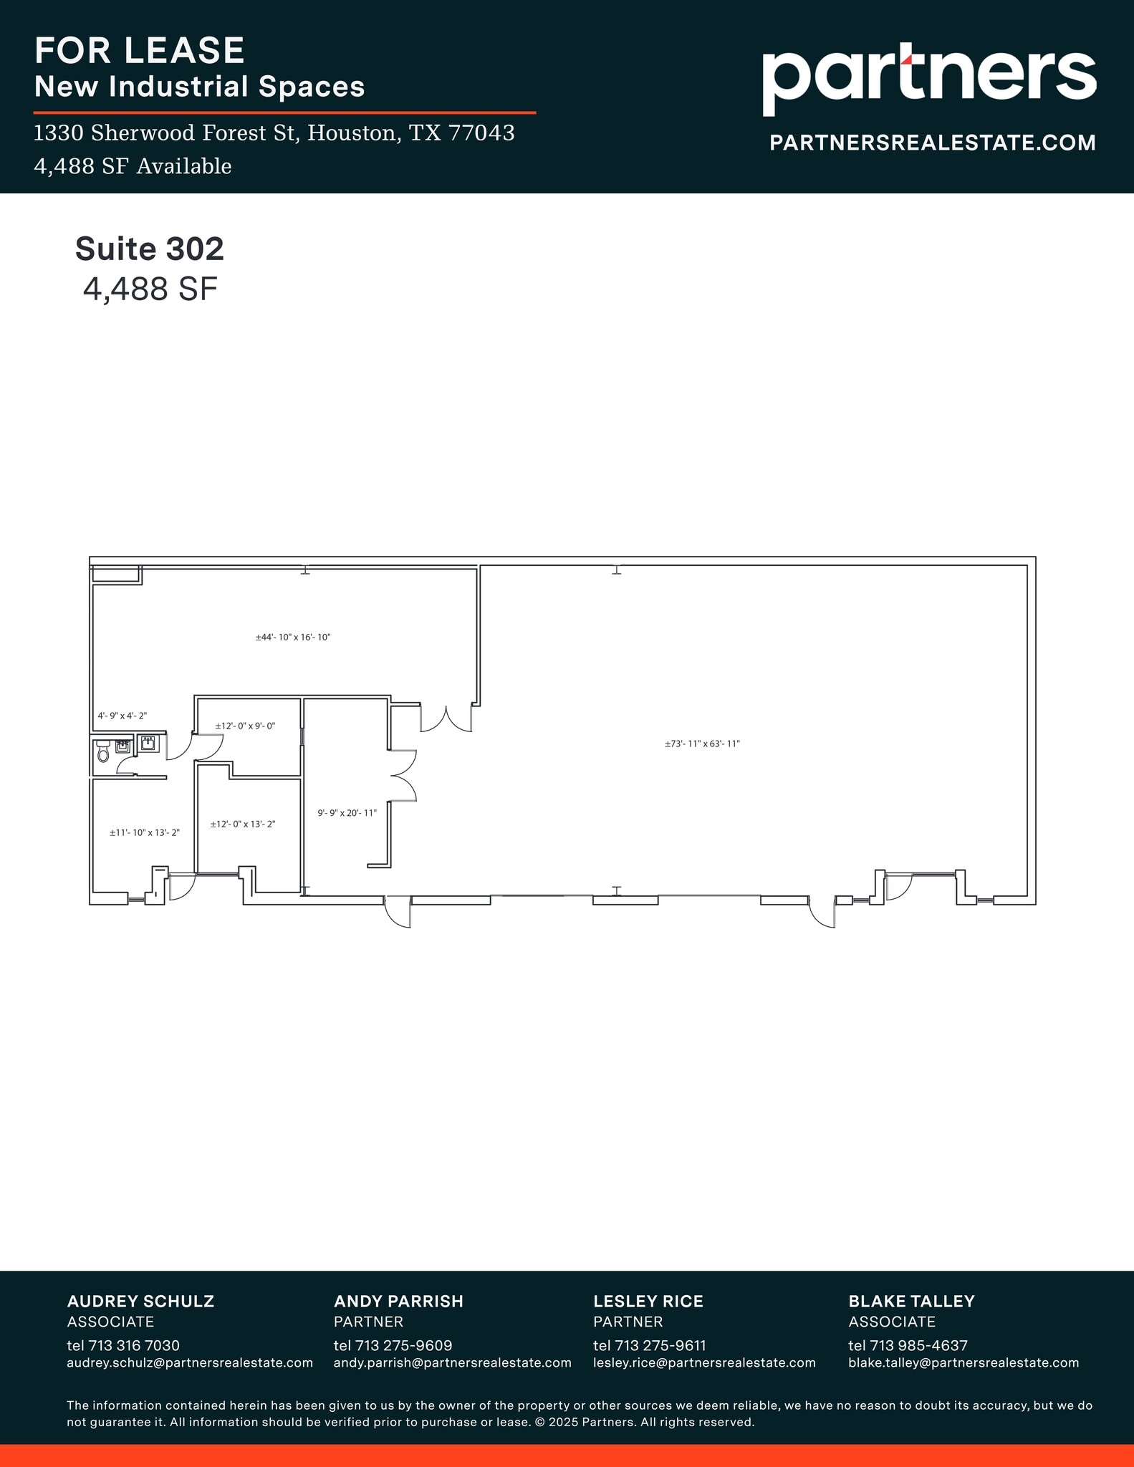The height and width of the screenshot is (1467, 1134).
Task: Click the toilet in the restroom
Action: point(102,751)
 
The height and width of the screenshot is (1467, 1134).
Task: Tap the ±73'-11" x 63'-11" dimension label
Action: point(701,744)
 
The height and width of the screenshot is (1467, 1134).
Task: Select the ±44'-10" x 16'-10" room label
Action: point(293,637)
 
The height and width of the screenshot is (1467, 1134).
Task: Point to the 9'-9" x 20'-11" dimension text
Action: point(347,813)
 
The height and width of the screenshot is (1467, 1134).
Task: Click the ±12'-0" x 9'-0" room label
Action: point(245,726)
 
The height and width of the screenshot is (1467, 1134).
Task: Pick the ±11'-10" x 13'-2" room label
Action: point(144,832)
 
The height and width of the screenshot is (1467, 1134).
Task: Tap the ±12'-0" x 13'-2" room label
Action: point(243,824)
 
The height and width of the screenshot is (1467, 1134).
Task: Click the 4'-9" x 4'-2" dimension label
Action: point(122,716)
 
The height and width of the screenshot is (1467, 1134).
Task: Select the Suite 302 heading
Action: point(150,249)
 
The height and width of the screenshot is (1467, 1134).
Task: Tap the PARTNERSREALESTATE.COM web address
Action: point(932,143)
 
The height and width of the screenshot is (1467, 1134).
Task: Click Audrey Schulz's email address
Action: point(190,1362)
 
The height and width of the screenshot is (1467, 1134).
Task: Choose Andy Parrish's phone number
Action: point(393,1345)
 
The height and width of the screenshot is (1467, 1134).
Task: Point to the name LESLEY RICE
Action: point(648,1301)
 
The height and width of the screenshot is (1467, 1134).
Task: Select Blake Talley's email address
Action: point(964,1362)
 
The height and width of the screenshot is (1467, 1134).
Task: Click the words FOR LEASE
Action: point(140,51)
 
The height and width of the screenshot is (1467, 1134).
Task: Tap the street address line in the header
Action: point(274,133)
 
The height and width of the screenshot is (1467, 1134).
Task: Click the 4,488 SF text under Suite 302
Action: point(150,289)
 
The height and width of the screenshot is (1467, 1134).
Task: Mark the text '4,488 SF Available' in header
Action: point(133,167)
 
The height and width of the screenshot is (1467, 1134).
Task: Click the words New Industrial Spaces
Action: point(200,87)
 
